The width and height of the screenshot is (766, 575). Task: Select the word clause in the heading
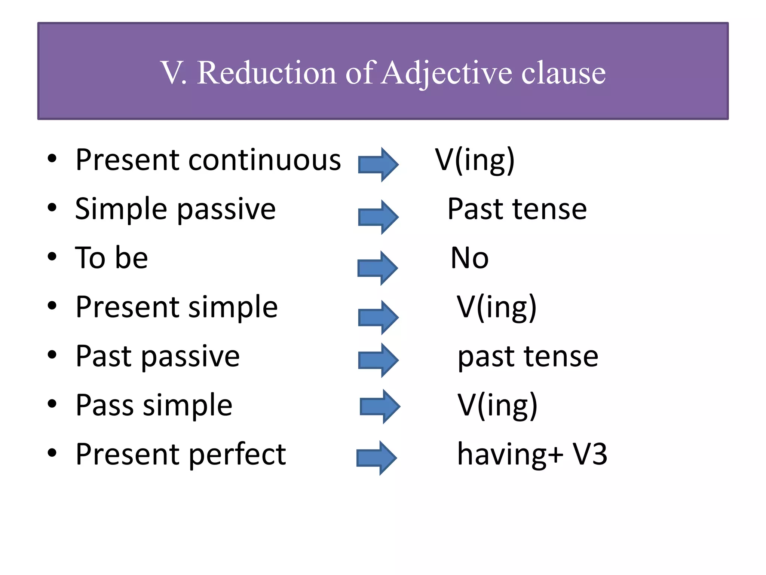(563, 73)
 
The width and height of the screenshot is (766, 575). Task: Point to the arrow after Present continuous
(378, 164)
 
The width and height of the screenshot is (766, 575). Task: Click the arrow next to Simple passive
(378, 217)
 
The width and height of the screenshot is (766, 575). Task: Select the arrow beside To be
(377, 268)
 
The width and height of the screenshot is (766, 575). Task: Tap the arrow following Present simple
(378, 317)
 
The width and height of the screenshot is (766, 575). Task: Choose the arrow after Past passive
(378, 360)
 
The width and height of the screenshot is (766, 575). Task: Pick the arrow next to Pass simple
(380, 406)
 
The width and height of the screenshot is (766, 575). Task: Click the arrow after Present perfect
(376, 457)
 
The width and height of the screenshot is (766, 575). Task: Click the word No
(470, 258)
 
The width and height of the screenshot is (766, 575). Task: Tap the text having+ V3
(532, 454)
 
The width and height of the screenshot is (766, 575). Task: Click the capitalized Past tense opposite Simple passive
(517, 209)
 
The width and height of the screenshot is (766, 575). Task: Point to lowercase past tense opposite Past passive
(528, 357)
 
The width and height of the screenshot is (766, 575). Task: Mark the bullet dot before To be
(52, 257)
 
